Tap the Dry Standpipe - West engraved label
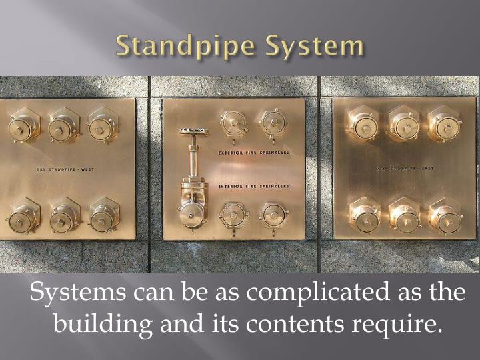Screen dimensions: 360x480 coord(65,169)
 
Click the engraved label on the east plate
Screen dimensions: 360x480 coord(403,169)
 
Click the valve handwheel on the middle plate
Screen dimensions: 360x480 coord(193,131)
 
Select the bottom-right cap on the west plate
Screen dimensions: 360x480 coord(104,216)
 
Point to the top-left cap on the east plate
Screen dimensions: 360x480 coord(364,125)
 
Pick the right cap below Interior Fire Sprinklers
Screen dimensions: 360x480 coord(273,215)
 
